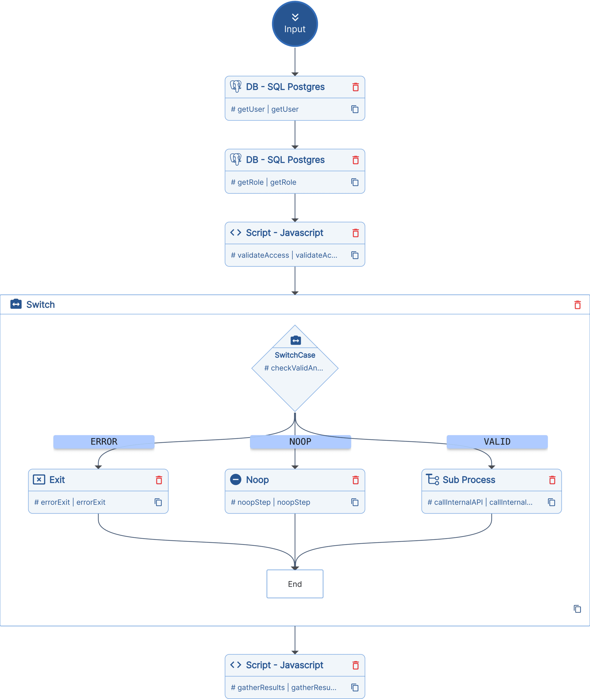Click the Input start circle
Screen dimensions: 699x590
[295, 24]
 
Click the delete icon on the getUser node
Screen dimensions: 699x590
[355, 87]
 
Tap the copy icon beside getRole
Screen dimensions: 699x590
[355, 182]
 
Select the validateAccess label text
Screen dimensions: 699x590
[263, 255]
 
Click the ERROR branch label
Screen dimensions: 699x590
[104, 442]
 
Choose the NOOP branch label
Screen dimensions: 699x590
[300, 442]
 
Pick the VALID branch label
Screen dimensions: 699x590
[497, 442]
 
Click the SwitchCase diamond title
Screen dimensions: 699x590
[295, 355]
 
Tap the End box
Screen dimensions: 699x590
[295, 584]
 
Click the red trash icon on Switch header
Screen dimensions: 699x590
[577, 304]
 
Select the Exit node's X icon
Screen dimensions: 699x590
[39, 480]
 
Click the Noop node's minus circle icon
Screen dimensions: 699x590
[235, 480]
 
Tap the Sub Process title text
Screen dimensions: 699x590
[469, 480]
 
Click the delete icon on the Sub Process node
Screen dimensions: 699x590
[552, 480]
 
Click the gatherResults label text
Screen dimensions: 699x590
[261, 687]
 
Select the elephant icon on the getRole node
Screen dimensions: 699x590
[235, 160]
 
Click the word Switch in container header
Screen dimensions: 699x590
[40, 304]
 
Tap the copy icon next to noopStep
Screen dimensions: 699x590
[355, 502]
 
